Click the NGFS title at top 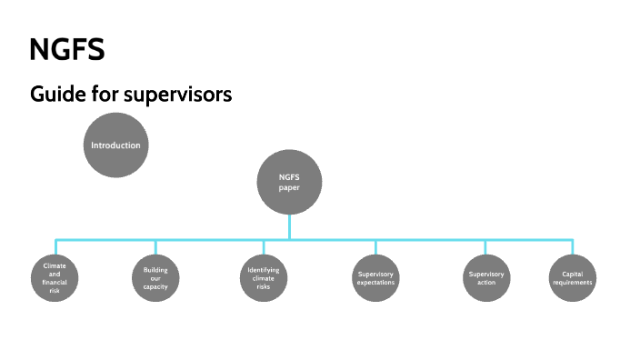66,50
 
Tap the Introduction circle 115,145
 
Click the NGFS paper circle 289,182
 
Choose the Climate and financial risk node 55,278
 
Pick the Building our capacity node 155,278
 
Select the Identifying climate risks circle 264,278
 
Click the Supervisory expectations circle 375,278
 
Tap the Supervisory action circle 485,278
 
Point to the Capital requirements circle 573,278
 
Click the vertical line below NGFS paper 289,226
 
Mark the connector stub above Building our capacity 155,247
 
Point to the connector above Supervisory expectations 375,247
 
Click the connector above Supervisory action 485,247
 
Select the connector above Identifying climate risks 264,247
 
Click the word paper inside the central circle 289,188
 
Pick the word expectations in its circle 375,283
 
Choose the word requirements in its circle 573,283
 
